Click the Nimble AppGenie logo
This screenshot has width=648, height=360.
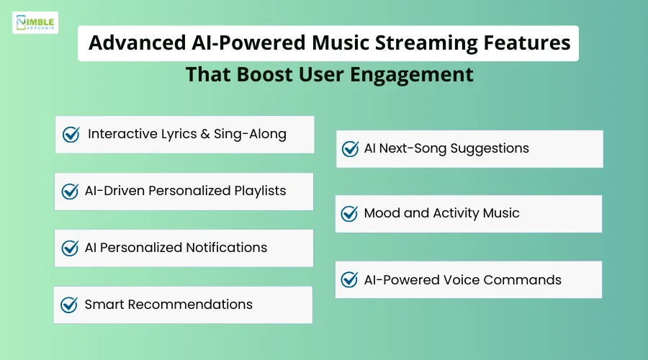coord(35,22)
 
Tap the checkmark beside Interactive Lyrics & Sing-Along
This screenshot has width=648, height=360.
coord(71,135)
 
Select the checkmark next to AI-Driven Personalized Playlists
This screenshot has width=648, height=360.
coord(70,192)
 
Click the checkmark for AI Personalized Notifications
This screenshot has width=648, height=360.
coord(70,248)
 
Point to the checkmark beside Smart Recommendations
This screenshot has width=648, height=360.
coord(69,305)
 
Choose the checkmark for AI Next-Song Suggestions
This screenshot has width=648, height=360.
coord(350,149)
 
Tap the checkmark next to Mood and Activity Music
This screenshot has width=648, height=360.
coord(349,214)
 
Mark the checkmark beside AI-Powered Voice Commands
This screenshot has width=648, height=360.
coord(349,280)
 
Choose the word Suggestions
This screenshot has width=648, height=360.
coord(490,149)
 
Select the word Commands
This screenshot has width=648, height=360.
coord(528,280)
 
